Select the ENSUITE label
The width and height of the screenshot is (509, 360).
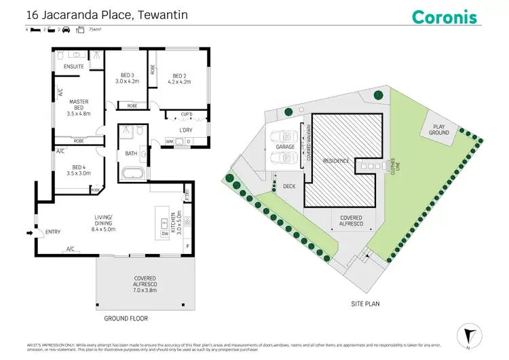coord(73,67)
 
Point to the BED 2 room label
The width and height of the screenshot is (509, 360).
coord(179,78)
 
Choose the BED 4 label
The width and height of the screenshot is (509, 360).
coord(79,169)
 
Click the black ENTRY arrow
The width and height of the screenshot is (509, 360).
coord(29,233)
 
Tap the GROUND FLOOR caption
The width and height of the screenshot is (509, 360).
coord(126,318)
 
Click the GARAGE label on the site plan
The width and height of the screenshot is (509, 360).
coord(284,147)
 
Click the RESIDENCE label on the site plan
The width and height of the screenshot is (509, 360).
coord(336,161)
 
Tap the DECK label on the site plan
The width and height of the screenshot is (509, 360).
coord(288,185)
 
